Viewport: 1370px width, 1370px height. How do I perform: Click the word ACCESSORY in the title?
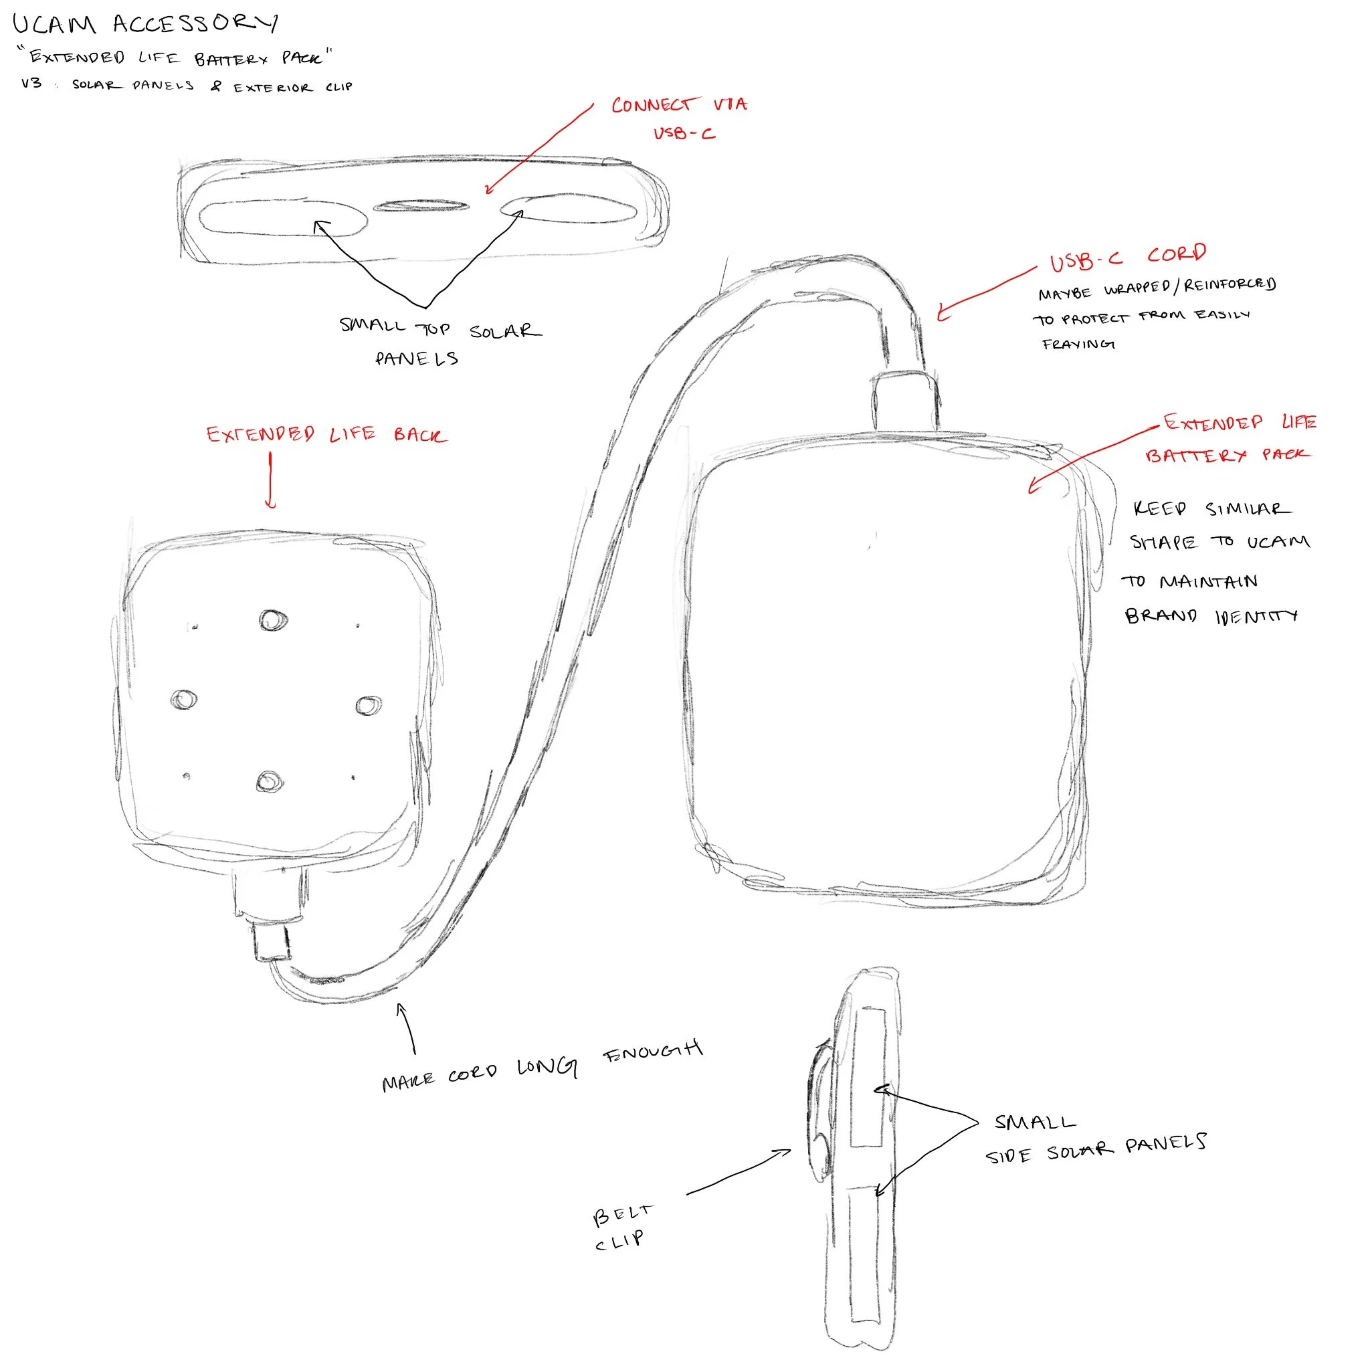195,24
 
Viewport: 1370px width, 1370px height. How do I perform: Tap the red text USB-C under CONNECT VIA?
684,133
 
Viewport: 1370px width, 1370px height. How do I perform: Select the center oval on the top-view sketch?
421,206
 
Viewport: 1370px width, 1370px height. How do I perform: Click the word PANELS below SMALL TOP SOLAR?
416,359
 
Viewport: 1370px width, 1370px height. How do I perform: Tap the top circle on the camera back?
272,621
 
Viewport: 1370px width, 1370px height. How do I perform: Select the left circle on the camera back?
184,700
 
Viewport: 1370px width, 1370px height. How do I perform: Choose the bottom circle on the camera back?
269,781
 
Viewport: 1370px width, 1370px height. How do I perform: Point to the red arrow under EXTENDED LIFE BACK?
270,480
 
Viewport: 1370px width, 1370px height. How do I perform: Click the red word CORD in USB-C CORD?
1177,254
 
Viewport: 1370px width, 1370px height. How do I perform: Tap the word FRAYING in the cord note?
1078,344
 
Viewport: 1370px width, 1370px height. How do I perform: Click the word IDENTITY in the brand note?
1256,616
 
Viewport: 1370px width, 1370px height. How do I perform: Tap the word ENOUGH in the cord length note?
652,1051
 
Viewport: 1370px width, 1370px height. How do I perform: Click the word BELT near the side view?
622,1215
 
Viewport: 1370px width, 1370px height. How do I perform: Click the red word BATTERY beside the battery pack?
1195,456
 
